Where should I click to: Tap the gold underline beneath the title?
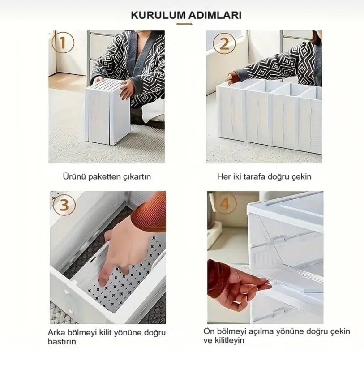coord(184,24)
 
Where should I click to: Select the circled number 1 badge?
coord(63,43)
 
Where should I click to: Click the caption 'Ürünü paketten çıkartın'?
coord(107,176)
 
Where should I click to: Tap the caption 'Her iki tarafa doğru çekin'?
coord(264,176)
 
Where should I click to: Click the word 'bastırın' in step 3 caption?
coord(61,341)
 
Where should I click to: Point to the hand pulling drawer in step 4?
coord(237,284)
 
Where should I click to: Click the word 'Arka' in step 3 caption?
coord(56,333)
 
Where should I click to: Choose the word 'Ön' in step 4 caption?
coord(210,331)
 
